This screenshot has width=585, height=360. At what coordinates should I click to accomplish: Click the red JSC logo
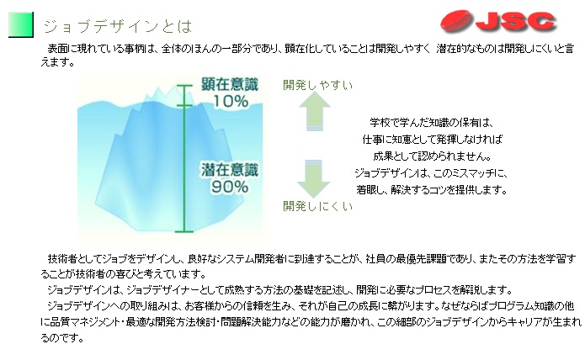[498, 21]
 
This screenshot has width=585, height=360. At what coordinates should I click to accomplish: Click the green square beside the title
[21, 24]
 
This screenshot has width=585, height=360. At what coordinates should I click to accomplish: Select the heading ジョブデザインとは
[118, 26]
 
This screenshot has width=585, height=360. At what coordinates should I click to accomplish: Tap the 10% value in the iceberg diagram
[231, 101]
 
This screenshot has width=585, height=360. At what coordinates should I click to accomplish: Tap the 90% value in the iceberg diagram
[230, 187]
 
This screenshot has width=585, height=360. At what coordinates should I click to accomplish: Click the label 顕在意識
[230, 84]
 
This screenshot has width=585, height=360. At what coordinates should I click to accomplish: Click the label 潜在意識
[230, 170]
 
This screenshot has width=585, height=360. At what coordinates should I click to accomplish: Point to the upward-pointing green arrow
[315, 111]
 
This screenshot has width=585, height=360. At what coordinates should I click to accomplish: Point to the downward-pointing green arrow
[313, 179]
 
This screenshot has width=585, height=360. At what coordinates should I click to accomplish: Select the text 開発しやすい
[318, 85]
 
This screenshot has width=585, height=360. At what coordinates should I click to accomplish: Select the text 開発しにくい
[318, 206]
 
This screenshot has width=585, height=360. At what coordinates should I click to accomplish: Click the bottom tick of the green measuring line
[184, 232]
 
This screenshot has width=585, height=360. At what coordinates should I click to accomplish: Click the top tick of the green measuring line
[184, 86]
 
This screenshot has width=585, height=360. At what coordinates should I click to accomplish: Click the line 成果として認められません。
[433, 156]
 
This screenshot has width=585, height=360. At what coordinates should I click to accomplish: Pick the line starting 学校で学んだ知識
[432, 123]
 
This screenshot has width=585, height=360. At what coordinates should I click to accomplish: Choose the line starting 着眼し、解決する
[432, 189]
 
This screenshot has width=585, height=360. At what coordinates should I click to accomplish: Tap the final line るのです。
[62, 337]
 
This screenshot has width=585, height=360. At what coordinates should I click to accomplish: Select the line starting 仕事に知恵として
[433, 140]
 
